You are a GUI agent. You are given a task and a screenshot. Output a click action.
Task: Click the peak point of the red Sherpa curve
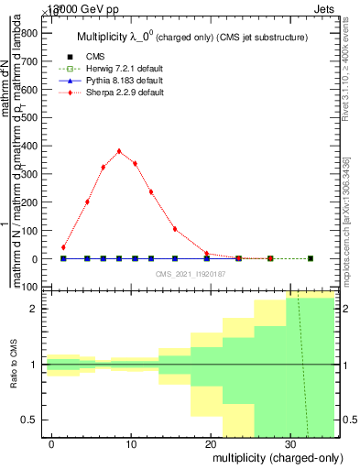pyautogui.click(x=119, y=151)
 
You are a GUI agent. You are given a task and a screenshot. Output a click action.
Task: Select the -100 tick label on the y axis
pyautogui.click(x=27, y=288)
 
